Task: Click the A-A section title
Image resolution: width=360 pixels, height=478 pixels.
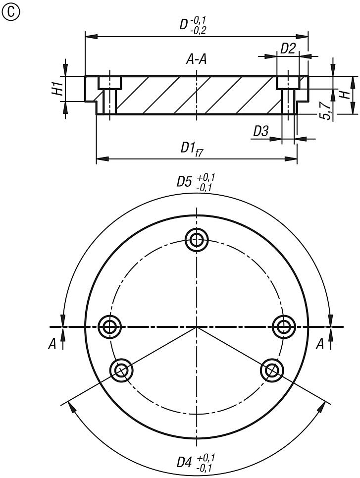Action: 197,60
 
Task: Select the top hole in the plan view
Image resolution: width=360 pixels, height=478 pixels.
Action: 197,240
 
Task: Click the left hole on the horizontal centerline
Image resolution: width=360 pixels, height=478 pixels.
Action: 109,326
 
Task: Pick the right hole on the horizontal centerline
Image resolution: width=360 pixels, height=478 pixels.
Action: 284,326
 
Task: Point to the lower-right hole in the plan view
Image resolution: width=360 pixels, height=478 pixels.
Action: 272,370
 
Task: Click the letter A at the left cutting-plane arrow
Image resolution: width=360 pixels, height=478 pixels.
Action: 52,345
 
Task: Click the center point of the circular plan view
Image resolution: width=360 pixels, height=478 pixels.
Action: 197,327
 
